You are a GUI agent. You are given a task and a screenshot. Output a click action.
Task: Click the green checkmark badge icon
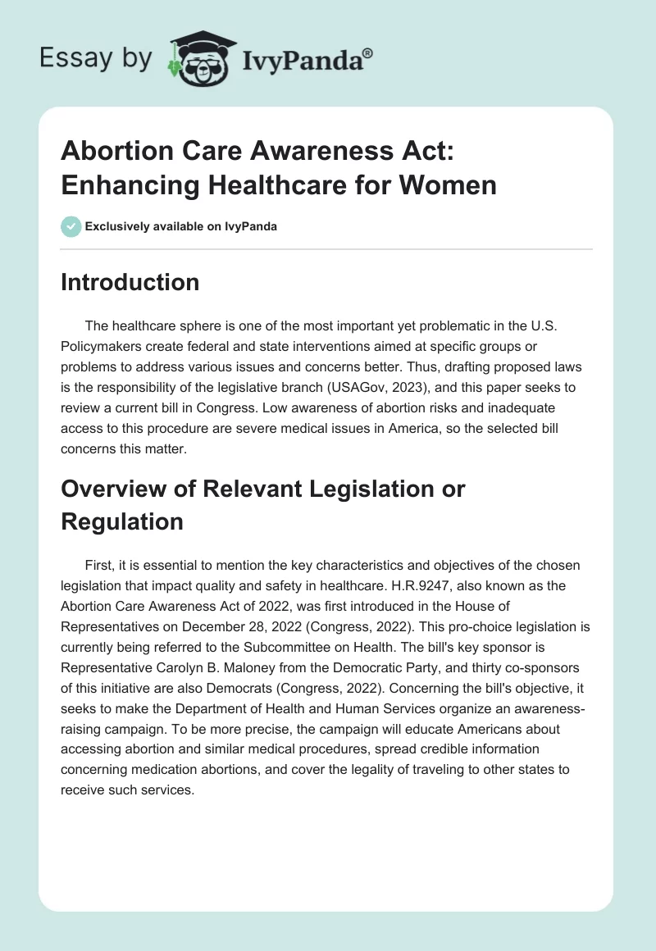71,226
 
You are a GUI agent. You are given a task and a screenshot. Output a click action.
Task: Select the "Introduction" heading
130,283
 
